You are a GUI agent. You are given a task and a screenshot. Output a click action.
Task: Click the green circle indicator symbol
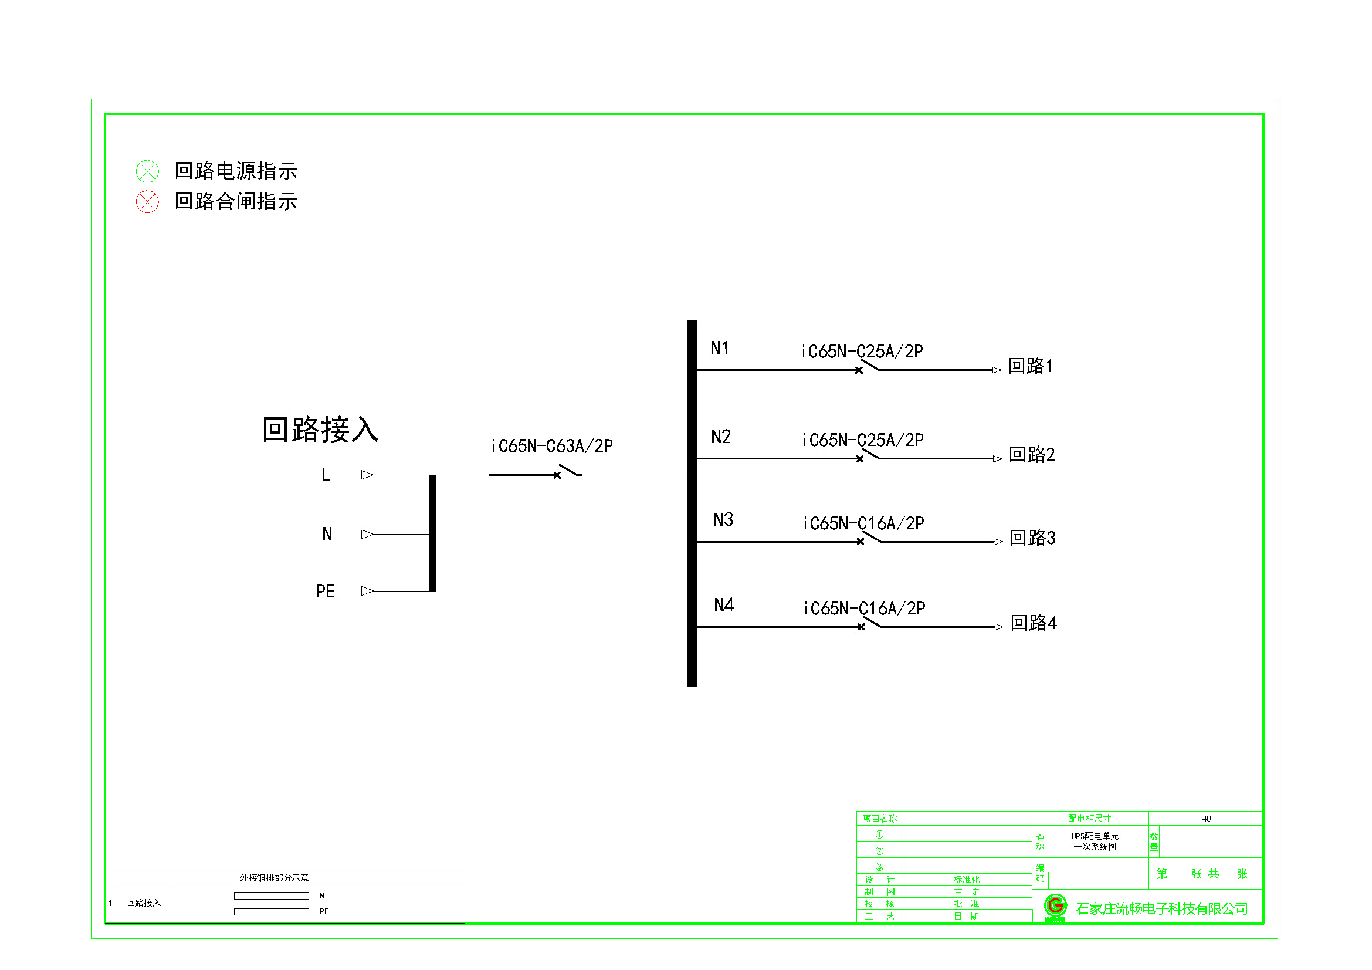click(x=147, y=171)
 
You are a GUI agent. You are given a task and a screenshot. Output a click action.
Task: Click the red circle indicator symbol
click(x=147, y=202)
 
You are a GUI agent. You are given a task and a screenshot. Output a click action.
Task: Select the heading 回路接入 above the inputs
click(x=320, y=430)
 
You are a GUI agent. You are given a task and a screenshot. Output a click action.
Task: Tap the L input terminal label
click(x=326, y=475)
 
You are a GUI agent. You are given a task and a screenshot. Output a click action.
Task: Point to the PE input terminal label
click(x=325, y=592)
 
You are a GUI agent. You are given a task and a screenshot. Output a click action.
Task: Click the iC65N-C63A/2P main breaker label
click(x=552, y=446)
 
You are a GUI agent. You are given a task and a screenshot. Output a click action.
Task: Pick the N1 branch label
click(x=720, y=349)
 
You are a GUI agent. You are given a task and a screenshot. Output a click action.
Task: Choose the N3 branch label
click(x=723, y=520)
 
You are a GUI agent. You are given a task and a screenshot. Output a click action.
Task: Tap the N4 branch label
click(x=724, y=606)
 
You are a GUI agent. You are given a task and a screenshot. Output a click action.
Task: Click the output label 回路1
click(x=1031, y=366)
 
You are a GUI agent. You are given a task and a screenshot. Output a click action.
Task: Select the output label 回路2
click(x=1032, y=455)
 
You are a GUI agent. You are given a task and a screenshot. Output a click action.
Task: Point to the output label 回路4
click(x=1033, y=623)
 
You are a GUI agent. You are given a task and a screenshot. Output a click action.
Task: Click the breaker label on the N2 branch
click(x=863, y=441)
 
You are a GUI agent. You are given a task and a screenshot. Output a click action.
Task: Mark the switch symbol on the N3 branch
click(x=870, y=539)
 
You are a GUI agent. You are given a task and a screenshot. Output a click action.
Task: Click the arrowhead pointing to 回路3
click(x=998, y=542)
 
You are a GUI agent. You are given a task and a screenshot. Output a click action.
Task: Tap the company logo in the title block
click(x=1055, y=907)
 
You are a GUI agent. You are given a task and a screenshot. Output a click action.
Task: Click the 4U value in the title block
click(x=1207, y=819)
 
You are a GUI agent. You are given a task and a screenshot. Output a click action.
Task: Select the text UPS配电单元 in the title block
click(x=1095, y=836)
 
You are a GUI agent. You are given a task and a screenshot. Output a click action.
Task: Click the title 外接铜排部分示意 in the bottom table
click(x=275, y=878)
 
